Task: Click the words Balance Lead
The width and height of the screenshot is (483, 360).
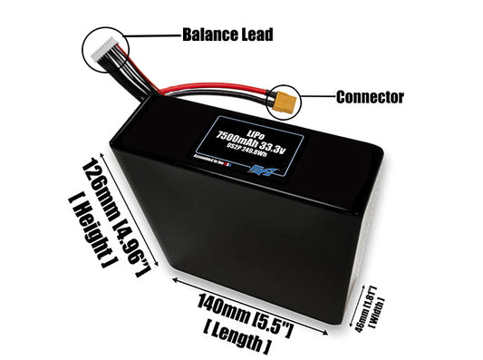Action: click(227, 35)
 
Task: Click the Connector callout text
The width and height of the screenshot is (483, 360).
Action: click(370, 97)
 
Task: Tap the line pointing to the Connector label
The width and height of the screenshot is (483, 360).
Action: click(317, 96)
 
